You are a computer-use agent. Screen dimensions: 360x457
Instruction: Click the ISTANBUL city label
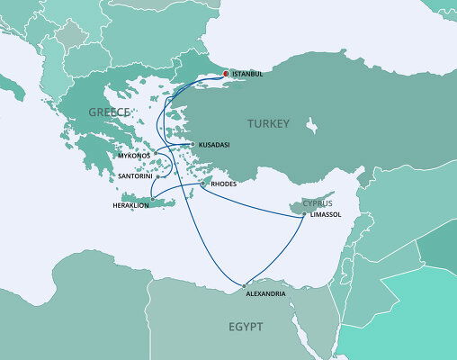[x=247, y=74]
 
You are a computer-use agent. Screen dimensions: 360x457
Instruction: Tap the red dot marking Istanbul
[x=225, y=74]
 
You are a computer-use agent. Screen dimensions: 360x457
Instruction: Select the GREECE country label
[x=108, y=112]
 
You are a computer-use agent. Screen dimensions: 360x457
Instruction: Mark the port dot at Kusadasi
[x=192, y=144]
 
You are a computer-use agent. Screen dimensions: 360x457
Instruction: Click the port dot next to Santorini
[x=157, y=177]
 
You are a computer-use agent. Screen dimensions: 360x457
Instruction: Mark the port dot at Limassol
[x=304, y=214]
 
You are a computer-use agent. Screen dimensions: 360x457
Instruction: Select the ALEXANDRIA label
[x=266, y=294]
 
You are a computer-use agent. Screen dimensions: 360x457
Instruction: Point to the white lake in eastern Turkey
[x=314, y=123]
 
